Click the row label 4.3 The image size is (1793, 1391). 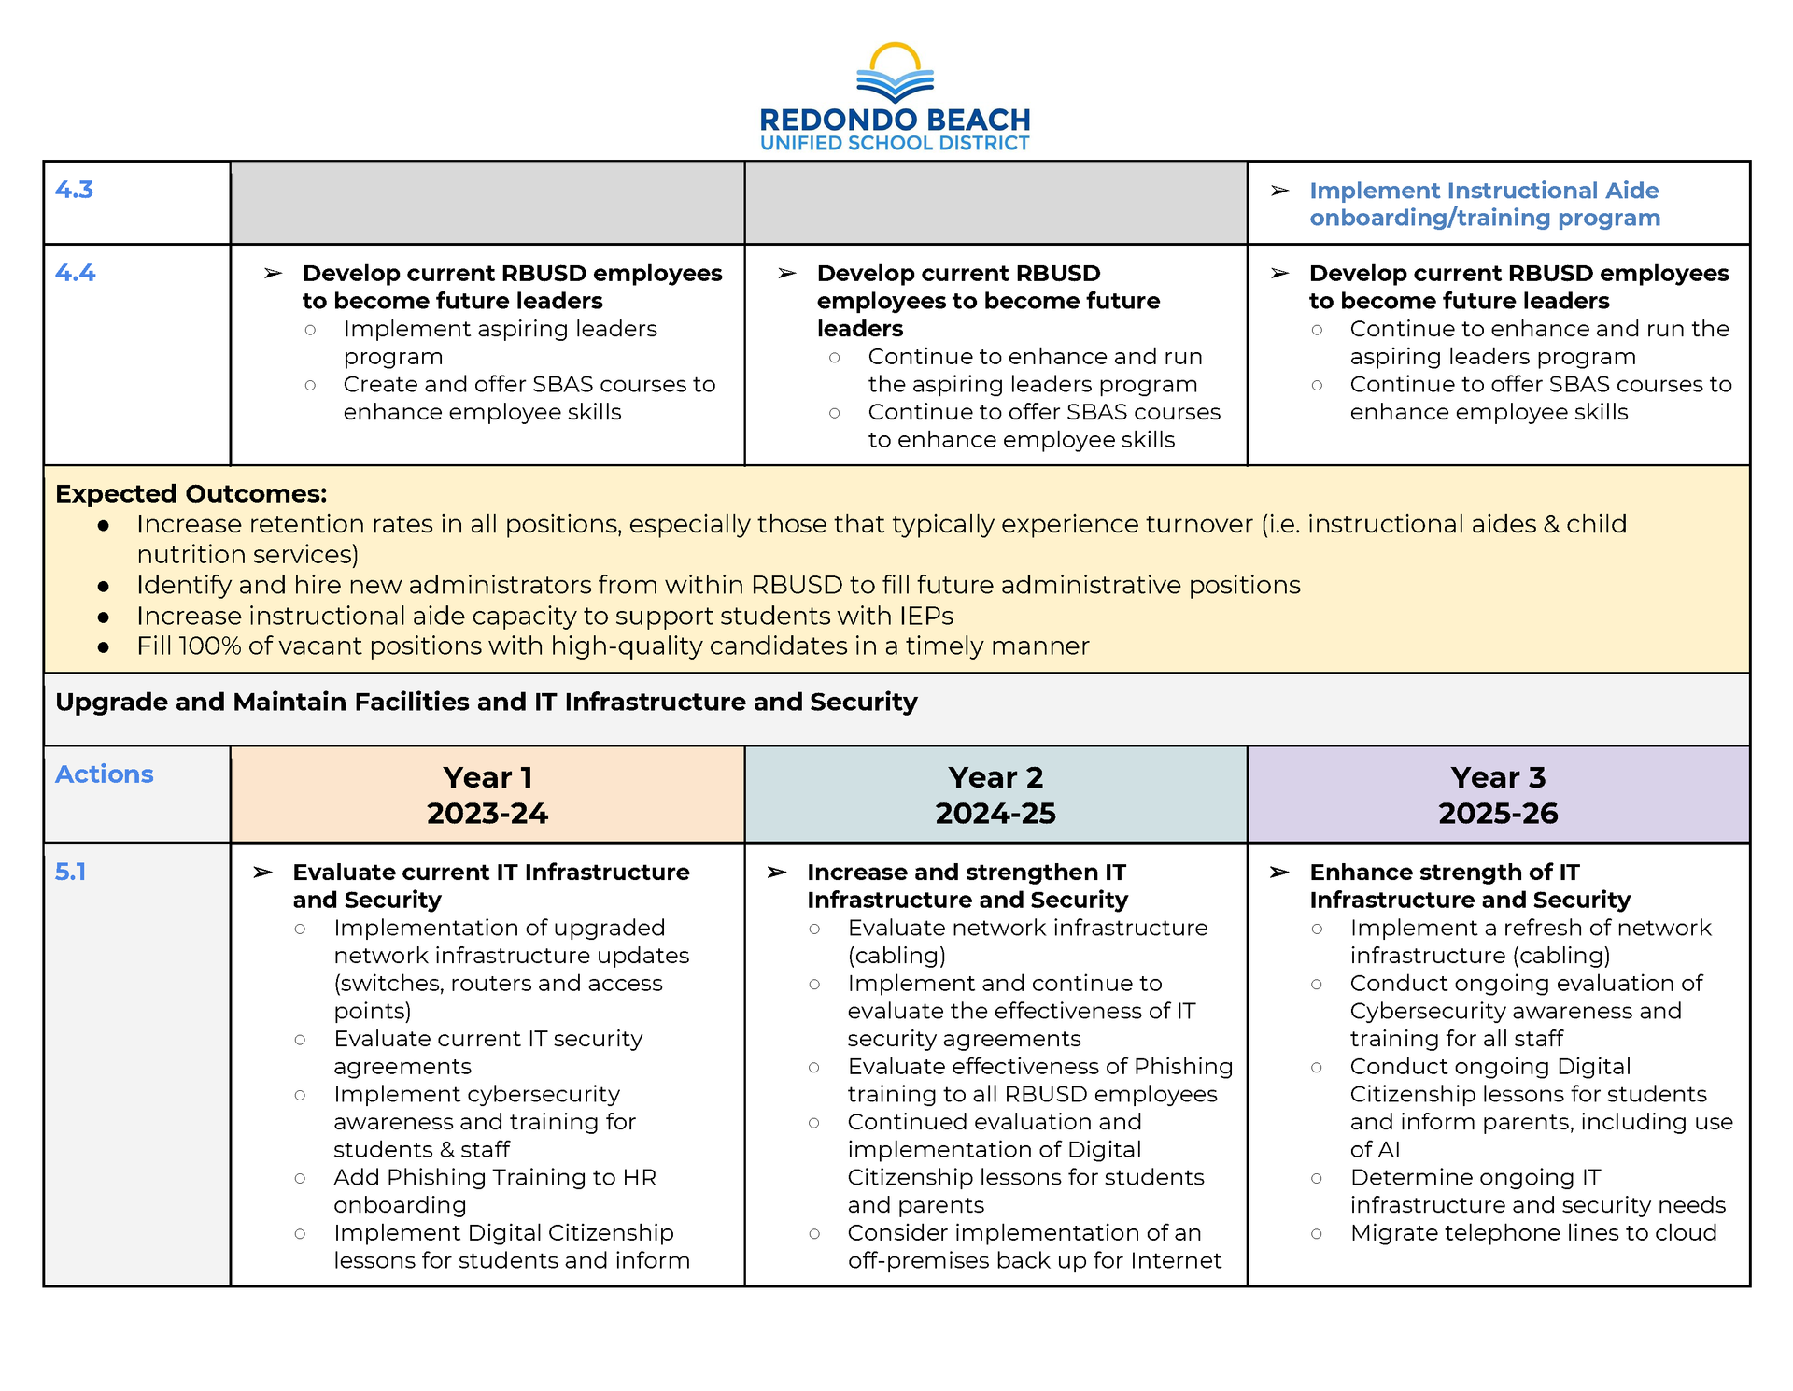pyautogui.click(x=74, y=190)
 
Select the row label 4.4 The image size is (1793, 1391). pyautogui.click(x=75, y=273)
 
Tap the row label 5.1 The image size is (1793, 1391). pyautogui.click(x=70, y=872)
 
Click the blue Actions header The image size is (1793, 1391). pyautogui.click(x=104, y=774)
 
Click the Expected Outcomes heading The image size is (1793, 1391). pyautogui.click(x=191, y=493)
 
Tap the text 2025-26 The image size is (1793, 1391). pyautogui.click(x=1498, y=814)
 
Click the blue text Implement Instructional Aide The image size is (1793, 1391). pyautogui.click(x=1484, y=191)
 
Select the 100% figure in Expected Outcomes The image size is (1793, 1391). pyautogui.click(x=210, y=646)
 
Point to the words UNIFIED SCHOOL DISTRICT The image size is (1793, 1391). pyautogui.click(x=895, y=144)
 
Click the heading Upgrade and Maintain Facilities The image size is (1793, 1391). pyautogui.click(x=486, y=703)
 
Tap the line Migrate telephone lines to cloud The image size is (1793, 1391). pyautogui.click(x=1533, y=1233)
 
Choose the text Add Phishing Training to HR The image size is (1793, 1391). pyautogui.click(x=495, y=1177)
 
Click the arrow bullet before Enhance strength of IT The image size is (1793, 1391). pyautogui.click(x=1279, y=873)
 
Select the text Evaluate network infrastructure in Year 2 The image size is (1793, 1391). pyautogui.click(x=1027, y=928)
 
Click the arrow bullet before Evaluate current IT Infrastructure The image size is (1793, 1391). pyautogui.click(x=263, y=873)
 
